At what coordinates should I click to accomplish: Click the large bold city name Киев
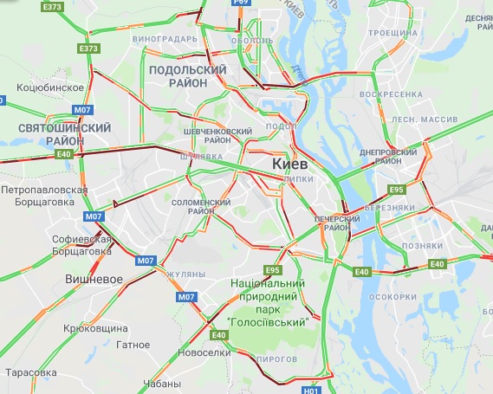click(291, 164)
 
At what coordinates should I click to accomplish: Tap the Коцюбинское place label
click(49, 87)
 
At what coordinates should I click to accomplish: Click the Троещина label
click(386, 33)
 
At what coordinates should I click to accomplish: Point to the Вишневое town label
click(94, 280)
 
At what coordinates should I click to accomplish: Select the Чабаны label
click(162, 384)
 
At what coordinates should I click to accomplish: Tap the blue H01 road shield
click(312, 390)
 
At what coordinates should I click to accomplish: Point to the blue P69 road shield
click(244, 3)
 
